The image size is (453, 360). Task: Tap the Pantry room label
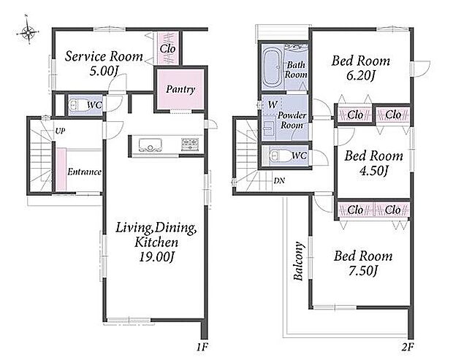(180, 90)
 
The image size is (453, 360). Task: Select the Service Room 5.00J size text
(104, 71)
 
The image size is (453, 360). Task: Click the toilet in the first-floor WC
(77, 105)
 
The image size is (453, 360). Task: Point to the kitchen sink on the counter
(150, 145)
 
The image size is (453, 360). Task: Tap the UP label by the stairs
(60, 131)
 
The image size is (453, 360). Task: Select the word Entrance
(84, 172)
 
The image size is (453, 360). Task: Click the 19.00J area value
(156, 256)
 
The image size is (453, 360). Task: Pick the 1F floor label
(202, 347)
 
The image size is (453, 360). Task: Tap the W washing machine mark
(273, 104)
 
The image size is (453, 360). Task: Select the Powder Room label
(292, 120)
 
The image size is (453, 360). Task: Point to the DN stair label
(279, 181)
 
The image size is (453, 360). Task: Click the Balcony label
(299, 261)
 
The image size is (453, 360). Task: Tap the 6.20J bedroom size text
(361, 76)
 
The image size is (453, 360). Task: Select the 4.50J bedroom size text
(374, 171)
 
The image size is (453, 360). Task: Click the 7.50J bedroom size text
(363, 271)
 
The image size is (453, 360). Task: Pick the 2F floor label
(408, 347)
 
